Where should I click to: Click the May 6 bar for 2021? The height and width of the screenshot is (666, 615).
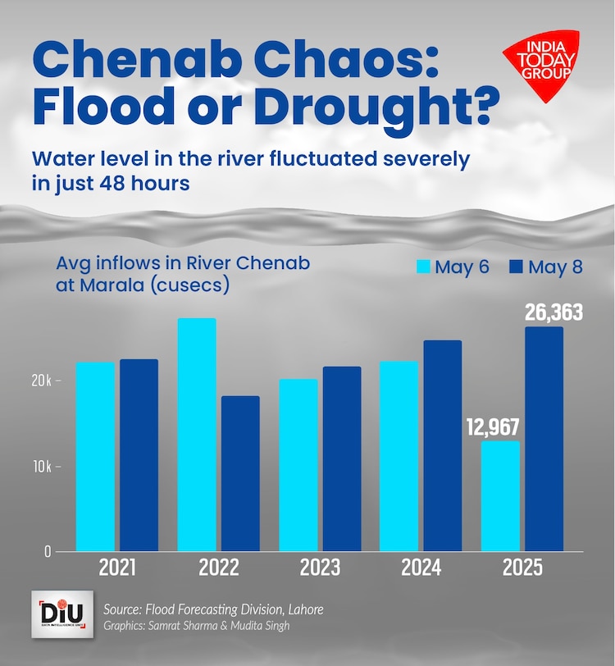(x=95, y=456)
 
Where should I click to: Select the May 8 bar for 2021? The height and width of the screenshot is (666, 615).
(x=139, y=454)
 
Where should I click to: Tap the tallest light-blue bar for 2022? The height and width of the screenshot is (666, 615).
(x=197, y=434)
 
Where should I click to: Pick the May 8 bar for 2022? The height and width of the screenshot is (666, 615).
(x=240, y=473)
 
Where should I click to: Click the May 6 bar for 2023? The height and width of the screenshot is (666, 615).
(x=298, y=464)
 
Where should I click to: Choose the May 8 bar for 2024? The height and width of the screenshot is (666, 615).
(x=443, y=445)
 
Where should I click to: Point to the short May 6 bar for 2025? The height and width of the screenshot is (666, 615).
(x=500, y=495)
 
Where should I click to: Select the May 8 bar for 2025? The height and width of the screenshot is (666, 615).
(x=544, y=439)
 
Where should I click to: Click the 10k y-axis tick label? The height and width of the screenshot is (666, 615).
(x=43, y=466)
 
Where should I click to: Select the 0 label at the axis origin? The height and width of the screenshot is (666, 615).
(x=48, y=551)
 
